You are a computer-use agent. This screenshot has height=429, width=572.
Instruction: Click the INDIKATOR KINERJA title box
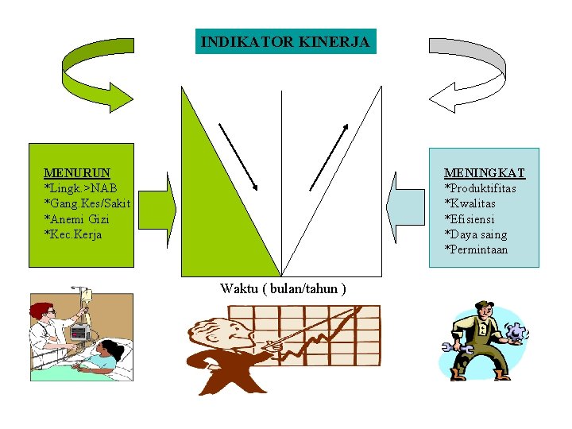(x=285, y=42)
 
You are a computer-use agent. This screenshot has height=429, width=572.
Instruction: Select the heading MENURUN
(x=77, y=172)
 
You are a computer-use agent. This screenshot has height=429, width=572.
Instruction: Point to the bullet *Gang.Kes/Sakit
(x=87, y=203)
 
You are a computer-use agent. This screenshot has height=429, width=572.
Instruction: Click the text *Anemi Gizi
(x=76, y=219)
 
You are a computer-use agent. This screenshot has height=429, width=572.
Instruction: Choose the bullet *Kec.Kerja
(x=73, y=234)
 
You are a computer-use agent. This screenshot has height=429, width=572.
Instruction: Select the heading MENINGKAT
(x=484, y=172)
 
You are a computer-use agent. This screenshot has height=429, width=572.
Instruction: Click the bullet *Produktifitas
(x=480, y=188)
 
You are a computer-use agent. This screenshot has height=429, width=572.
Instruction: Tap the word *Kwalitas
(x=472, y=203)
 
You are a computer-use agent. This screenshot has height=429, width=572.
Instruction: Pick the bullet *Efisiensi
(x=470, y=219)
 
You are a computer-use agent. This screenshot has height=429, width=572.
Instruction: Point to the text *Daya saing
(x=475, y=234)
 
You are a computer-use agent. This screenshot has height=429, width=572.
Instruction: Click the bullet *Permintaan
(x=476, y=250)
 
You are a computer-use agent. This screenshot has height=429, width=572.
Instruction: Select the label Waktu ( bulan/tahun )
(x=283, y=288)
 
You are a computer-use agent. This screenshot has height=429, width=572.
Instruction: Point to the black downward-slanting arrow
(x=238, y=157)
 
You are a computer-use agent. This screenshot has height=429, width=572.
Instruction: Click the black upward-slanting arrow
(x=329, y=157)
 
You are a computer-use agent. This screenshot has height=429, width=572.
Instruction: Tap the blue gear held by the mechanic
(x=516, y=333)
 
